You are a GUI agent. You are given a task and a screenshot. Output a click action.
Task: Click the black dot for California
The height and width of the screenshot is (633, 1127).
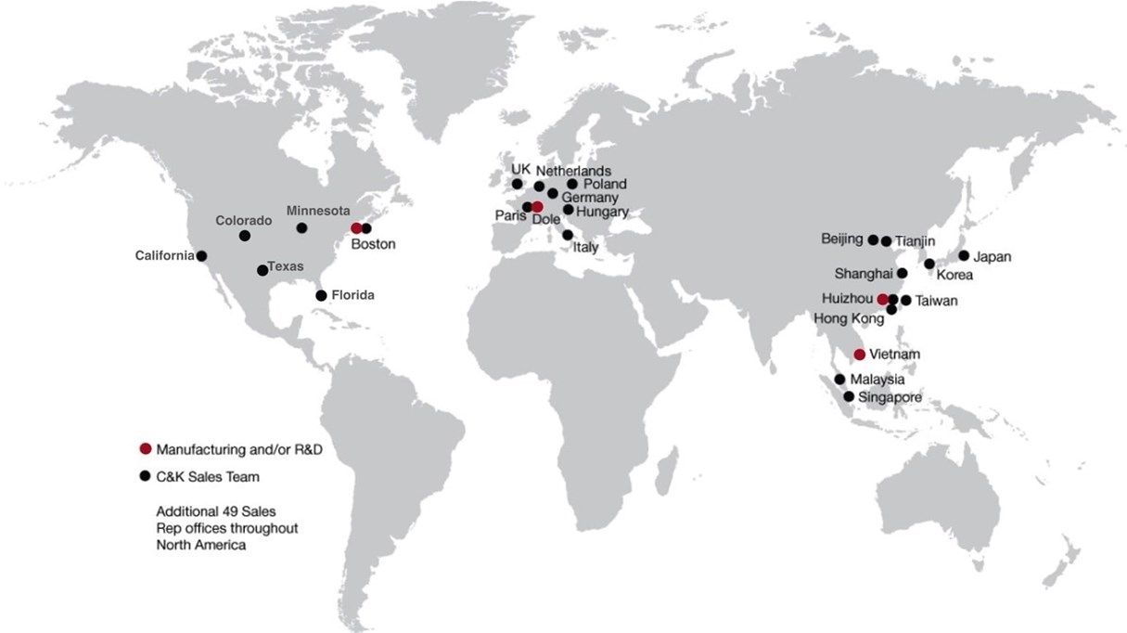click(201, 255)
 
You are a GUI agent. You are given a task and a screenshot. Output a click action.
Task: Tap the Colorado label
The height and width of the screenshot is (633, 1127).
click(244, 221)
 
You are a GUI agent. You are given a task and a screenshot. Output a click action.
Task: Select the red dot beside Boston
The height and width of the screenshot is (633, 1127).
click(356, 227)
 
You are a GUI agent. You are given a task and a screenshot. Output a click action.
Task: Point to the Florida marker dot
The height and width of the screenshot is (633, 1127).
click(321, 295)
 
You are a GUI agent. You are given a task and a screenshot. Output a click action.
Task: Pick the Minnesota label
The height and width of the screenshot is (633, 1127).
click(318, 211)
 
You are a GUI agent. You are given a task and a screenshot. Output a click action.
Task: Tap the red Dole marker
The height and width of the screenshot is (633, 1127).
click(538, 207)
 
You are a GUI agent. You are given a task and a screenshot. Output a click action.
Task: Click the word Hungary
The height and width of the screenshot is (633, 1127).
click(603, 212)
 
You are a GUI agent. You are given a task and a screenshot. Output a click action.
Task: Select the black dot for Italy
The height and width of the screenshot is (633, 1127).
click(567, 235)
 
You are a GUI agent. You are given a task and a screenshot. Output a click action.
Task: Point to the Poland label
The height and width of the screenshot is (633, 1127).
click(605, 184)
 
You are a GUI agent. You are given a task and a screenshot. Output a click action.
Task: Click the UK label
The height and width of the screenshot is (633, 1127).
click(520, 170)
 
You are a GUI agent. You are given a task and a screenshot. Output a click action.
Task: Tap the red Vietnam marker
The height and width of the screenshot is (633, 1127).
click(860, 355)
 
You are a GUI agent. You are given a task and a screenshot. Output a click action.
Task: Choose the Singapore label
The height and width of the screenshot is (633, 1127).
click(890, 397)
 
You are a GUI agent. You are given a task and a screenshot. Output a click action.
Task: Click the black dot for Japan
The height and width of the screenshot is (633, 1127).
click(964, 255)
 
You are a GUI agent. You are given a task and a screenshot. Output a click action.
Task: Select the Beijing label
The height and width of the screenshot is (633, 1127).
click(842, 239)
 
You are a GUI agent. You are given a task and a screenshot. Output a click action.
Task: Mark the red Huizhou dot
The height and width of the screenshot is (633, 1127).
click(882, 299)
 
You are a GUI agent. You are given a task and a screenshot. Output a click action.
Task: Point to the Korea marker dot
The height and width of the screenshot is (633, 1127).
click(929, 264)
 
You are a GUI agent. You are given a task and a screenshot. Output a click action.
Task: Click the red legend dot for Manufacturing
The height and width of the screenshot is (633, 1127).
click(145, 449)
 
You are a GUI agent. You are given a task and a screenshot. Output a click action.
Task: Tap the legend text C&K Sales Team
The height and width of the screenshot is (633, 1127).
click(208, 477)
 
